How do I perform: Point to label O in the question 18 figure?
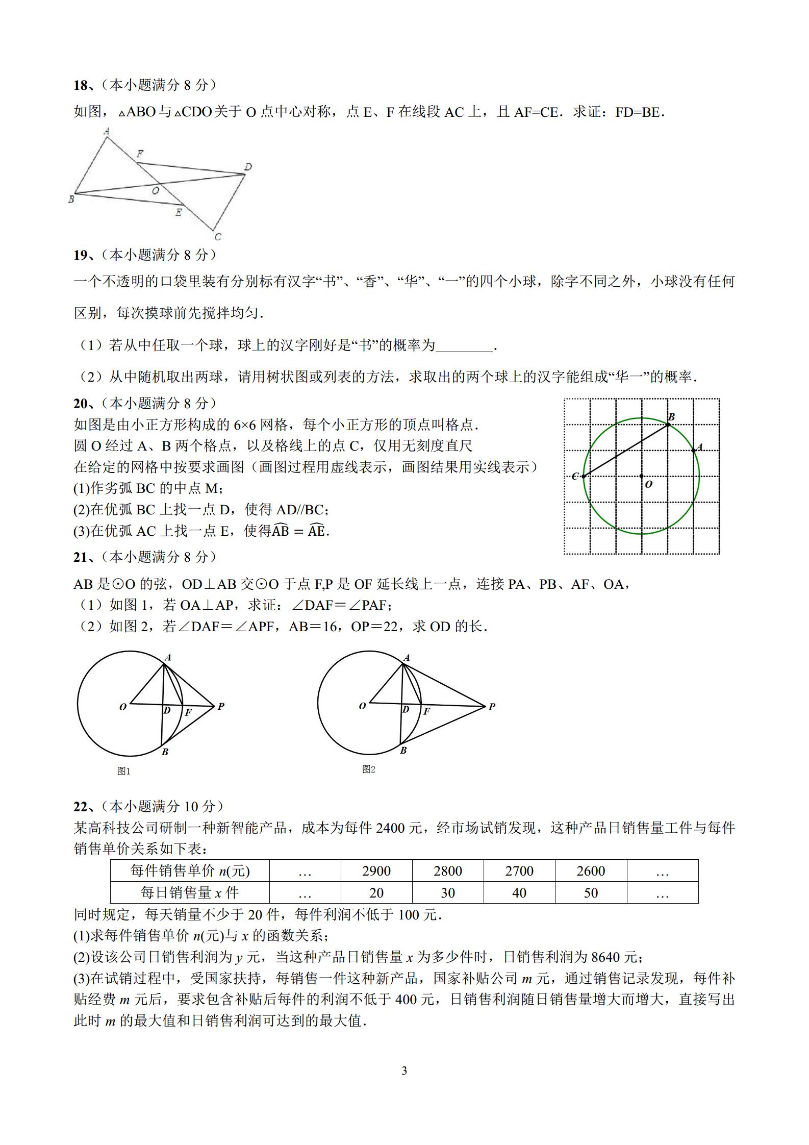pos(156,191)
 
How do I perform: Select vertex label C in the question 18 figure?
pos(218,236)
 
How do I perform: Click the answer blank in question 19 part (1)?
pos(464,346)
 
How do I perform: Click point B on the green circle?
pos(668,425)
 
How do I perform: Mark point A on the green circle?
pos(693,450)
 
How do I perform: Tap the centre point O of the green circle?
pos(642,476)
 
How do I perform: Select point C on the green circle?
pos(583,477)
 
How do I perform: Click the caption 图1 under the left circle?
pos(123,771)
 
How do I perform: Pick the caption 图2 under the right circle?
pos(368,769)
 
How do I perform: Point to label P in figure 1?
pos(221,707)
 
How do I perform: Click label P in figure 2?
pos(492,707)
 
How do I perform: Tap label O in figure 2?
pos(362,707)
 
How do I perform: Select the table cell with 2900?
pos(376,871)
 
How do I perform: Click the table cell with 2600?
pos(591,871)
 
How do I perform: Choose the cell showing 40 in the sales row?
pos(519,893)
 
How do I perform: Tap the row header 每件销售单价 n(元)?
pos(190,871)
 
